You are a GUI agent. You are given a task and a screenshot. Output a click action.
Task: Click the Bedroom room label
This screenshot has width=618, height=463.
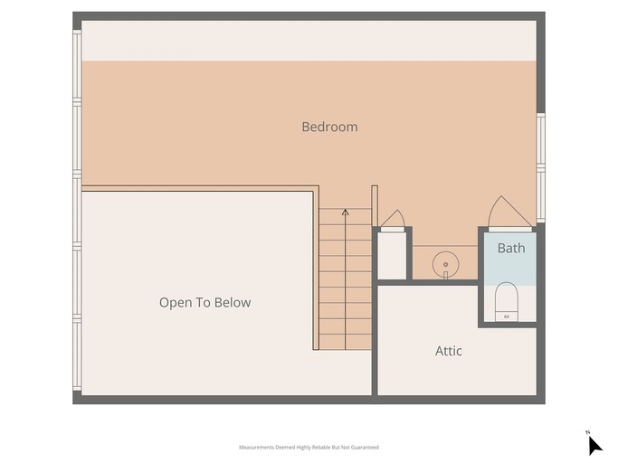coord(329,127)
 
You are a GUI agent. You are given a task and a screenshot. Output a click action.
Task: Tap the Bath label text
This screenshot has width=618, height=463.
coord(511,249)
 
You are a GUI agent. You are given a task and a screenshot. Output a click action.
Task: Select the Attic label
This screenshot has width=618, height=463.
coord(449,351)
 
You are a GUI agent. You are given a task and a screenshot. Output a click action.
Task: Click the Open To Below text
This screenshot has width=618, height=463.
coord(205,302)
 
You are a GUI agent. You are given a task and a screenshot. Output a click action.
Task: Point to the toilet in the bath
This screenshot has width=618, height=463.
coord(506,302)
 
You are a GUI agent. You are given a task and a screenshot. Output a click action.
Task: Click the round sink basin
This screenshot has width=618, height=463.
coord(446,264)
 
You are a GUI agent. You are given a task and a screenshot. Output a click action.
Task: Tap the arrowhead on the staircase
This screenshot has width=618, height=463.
coord(346,213)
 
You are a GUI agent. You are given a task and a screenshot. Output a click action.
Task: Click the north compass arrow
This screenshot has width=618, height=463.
coord(594,446)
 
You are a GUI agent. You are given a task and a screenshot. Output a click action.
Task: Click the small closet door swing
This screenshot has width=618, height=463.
coord(393,219)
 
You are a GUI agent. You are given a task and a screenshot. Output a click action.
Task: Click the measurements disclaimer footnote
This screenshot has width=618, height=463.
coord(309,448)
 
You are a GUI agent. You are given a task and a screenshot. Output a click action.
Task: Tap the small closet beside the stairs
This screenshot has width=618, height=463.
coord(392,255)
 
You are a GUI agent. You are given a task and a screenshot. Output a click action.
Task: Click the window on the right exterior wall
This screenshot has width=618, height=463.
coord(541,168)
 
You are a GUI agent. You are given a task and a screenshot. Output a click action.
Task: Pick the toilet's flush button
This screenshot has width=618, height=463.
coord(507,317)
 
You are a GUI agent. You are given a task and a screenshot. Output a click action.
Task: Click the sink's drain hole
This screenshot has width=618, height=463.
coord(446,264)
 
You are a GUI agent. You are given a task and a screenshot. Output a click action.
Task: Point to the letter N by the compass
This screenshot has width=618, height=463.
coord(587,432)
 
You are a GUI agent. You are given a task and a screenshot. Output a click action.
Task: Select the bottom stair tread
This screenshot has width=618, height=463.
coord(346,342)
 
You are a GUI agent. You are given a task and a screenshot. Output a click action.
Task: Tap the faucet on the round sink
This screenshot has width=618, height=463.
coord(446,275)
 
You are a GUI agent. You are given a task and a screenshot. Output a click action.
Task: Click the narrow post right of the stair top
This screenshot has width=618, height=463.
coord(375,205)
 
